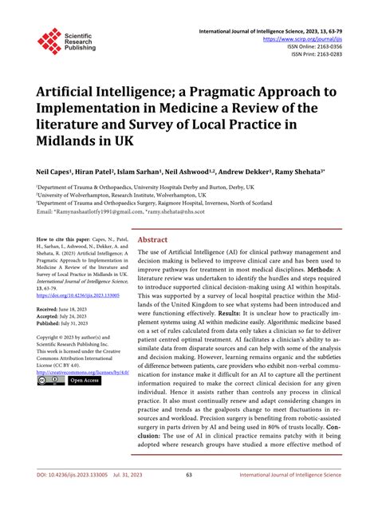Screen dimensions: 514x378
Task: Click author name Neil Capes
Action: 53,172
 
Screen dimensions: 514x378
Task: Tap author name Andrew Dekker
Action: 246,172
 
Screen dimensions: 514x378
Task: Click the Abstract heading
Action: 152,239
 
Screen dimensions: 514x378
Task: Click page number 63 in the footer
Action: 189,497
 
